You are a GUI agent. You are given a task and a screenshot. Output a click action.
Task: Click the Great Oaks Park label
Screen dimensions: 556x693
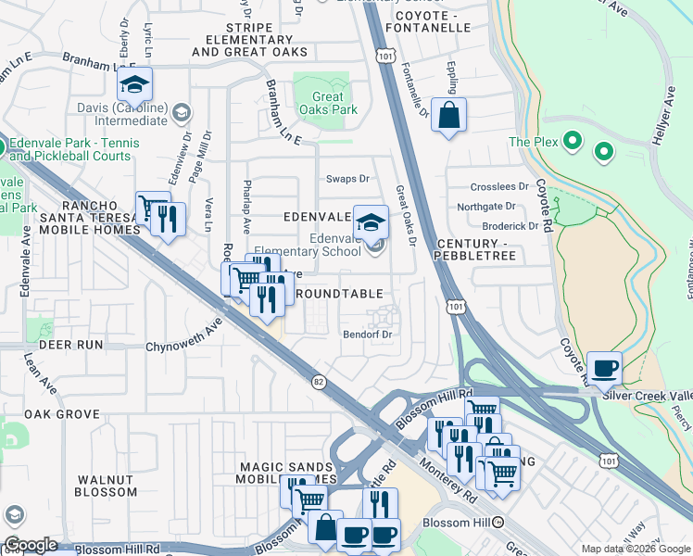click(321, 103)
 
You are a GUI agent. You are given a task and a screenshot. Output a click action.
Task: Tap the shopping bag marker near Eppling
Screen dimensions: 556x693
click(448, 117)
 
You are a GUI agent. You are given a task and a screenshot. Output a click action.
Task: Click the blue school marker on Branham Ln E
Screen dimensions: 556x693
click(134, 85)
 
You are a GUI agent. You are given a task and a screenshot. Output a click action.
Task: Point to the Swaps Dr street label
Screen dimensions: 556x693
click(347, 179)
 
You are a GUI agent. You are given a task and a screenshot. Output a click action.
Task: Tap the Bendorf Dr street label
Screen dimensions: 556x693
click(368, 334)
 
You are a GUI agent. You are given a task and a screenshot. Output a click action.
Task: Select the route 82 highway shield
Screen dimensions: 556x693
click(319, 381)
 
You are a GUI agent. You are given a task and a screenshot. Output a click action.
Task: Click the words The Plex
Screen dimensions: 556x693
click(532, 142)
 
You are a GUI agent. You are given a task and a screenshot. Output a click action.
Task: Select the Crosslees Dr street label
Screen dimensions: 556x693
click(498, 186)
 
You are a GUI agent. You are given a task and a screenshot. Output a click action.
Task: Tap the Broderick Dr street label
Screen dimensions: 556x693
click(510, 225)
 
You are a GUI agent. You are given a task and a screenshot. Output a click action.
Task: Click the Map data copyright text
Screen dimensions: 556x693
click(635, 549)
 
